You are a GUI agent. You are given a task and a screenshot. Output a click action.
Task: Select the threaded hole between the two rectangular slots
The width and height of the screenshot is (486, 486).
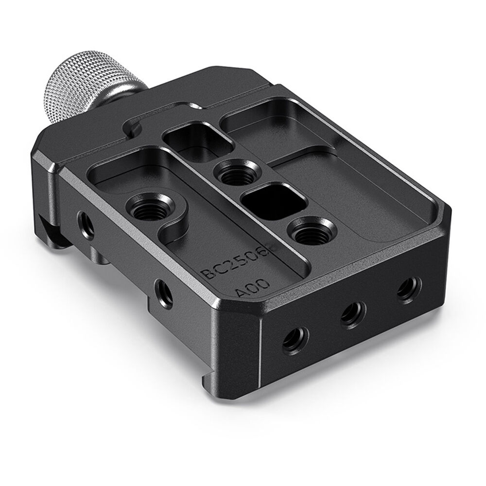(233, 172)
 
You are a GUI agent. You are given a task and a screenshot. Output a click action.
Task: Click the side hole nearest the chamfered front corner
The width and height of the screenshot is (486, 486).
(295, 339)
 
